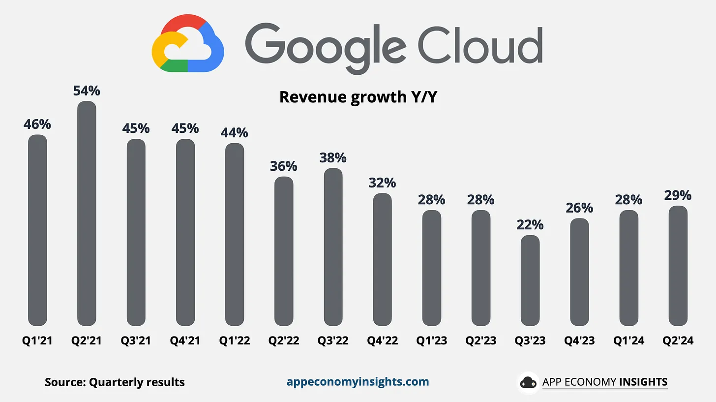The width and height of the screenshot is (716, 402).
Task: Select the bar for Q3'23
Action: [x=530, y=280]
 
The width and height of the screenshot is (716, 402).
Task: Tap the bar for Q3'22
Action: [x=333, y=247]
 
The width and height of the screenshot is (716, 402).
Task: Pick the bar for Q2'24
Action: [x=678, y=265]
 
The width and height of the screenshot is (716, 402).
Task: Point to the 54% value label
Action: [x=87, y=91]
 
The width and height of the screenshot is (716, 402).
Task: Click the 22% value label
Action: [x=530, y=225]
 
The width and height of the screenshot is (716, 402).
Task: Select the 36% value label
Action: [x=284, y=166]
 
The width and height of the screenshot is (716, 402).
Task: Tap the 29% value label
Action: [x=678, y=195]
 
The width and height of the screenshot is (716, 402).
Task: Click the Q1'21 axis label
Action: [x=37, y=340]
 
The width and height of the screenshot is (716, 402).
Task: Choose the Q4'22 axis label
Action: [x=382, y=340]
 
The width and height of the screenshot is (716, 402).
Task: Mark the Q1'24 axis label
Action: [x=628, y=340]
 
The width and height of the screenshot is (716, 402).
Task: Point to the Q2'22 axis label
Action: [x=284, y=340]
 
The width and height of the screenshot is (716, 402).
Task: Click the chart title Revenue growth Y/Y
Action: [x=358, y=97]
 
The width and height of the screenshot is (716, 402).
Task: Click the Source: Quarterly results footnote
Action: [x=115, y=382]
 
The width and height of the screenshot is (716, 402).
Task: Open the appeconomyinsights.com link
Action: [x=358, y=382]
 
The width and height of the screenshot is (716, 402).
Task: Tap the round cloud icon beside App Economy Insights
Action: [x=528, y=382]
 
